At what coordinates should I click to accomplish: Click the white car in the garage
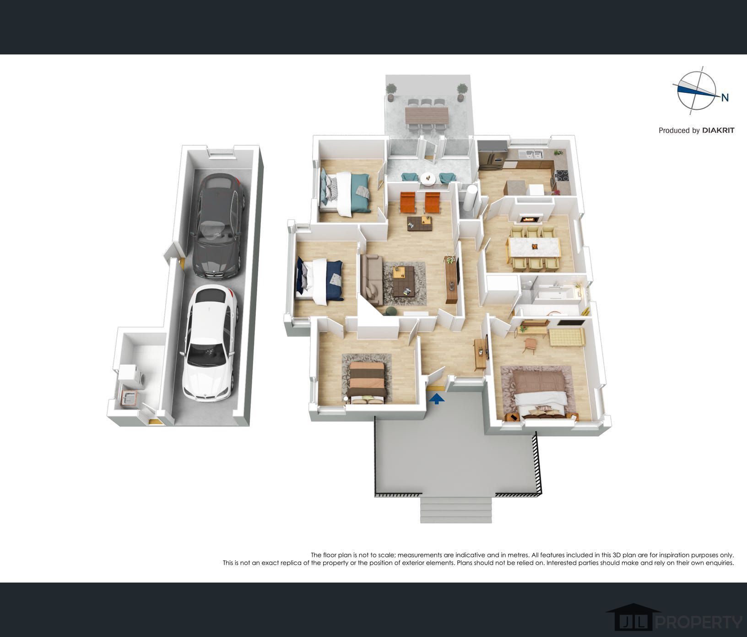click(210, 343)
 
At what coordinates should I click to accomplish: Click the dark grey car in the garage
click(219, 226)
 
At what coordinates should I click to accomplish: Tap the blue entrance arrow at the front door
click(438, 399)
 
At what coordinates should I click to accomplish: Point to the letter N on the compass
click(725, 97)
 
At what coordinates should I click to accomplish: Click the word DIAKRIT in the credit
click(718, 130)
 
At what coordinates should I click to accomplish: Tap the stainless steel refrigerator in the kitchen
click(493, 155)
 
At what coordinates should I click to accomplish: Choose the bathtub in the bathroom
click(554, 293)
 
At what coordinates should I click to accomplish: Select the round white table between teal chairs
click(429, 179)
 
